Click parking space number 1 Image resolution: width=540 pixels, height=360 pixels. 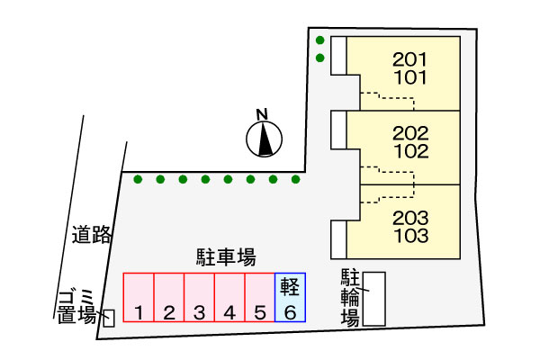pyautogui.click(x=139, y=297)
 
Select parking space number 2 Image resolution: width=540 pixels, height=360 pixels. pyautogui.click(x=169, y=297)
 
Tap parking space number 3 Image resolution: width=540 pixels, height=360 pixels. pyautogui.click(x=200, y=297)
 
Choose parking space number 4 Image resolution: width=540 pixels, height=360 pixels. pyautogui.click(x=229, y=297)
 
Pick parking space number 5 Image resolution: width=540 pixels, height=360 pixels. pyautogui.click(x=260, y=297)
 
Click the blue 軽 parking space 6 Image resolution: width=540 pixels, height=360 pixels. pyautogui.click(x=291, y=297)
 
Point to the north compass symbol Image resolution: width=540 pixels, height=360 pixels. pyautogui.click(x=264, y=139)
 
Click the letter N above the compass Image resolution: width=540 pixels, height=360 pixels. pyautogui.click(x=262, y=114)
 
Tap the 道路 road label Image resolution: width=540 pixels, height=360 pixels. pyautogui.click(x=92, y=235)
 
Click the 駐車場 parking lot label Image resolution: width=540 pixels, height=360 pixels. pyautogui.click(x=226, y=257)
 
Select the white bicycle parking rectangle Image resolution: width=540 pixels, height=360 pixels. pyautogui.click(x=374, y=299)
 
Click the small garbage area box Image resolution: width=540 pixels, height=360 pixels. pyautogui.click(x=109, y=318)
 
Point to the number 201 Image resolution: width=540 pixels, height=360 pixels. pyautogui.click(x=409, y=59)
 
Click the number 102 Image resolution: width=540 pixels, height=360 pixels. pyautogui.click(x=411, y=151)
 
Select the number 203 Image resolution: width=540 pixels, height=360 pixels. pyautogui.click(x=410, y=218)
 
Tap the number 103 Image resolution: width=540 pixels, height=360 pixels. pyautogui.click(x=411, y=236)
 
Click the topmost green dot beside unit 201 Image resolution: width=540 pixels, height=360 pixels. pyautogui.click(x=319, y=40)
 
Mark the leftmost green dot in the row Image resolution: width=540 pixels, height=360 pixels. pyautogui.click(x=138, y=179)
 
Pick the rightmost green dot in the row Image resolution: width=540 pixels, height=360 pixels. pyautogui.click(x=295, y=179)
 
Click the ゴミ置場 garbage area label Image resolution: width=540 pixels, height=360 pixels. pyautogui.click(x=77, y=307)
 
